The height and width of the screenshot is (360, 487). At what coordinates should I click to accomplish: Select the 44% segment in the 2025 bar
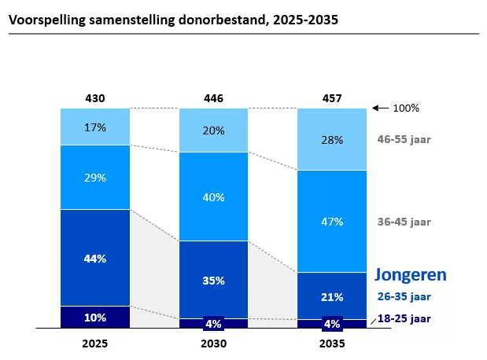click(x=95, y=257)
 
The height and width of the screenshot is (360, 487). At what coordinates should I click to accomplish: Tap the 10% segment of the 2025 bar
click(x=95, y=317)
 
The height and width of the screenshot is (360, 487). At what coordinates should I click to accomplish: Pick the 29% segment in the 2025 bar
click(x=95, y=177)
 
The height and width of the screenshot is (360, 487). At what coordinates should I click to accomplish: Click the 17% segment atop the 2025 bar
click(x=95, y=127)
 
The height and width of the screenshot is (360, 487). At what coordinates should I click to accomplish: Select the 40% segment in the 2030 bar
click(x=213, y=197)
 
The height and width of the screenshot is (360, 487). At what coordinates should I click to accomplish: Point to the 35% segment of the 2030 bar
click(x=213, y=279)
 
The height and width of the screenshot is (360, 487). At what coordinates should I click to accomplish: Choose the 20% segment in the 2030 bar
click(x=213, y=130)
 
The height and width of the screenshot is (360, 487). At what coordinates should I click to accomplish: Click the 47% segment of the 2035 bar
click(x=332, y=221)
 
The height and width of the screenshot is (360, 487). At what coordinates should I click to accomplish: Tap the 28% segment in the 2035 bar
click(x=332, y=140)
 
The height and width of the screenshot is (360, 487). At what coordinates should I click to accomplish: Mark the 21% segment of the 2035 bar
click(x=332, y=296)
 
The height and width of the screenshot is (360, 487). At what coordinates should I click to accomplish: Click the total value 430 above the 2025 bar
click(x=95, y=98)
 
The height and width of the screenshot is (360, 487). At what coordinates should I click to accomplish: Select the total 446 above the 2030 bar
click(x=213, y=98)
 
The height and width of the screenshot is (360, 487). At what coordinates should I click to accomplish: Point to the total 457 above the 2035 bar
click(x=332, y=98)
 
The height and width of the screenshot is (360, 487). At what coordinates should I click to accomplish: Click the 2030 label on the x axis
click(x=213, y=343)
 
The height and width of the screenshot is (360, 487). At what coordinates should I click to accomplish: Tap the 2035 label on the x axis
click(x=332, y=343)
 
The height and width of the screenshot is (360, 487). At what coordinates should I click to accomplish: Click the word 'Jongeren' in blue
click(x=410, y=274)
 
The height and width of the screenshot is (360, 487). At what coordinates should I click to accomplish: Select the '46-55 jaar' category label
click(x=404, y=139)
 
